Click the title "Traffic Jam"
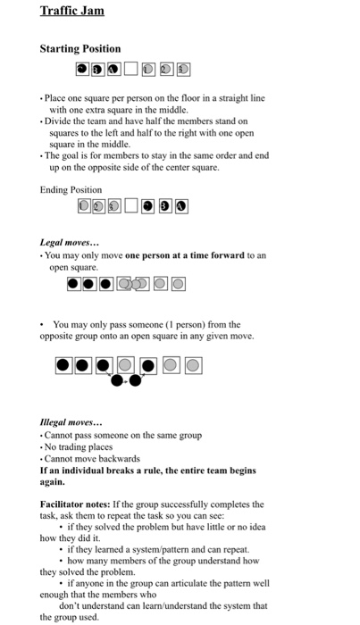coord(72,12)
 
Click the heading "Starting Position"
coord(80,48)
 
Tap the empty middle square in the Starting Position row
coord(130,69)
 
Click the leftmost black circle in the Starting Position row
coord(81,69)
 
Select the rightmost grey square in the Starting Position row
coord(181,69)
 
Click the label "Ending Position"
coord(71,189)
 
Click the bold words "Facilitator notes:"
coord(79,504)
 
